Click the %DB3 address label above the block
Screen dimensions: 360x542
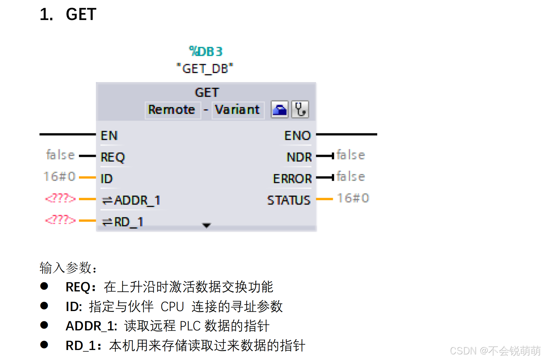point(206,51)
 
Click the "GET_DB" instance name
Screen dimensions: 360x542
point(205,69)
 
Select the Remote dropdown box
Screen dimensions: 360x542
point(172,110)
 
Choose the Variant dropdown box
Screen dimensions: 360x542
point(237,110)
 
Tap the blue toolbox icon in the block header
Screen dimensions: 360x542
point(279,109)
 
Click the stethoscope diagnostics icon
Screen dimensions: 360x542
point(300,109)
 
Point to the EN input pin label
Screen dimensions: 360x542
point(109,136)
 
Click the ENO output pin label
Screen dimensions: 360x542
point(297,136)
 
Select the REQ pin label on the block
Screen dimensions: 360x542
point(113,157)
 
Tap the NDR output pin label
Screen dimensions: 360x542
point(299,157)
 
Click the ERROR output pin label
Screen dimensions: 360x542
point(292,179)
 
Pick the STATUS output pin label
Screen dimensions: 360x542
point(288,200)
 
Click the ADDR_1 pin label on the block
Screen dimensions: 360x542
point(131,200)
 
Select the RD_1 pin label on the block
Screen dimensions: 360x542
point(123,222)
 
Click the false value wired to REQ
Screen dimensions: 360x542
point(60,155)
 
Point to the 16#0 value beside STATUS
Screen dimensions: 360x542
point(353,198)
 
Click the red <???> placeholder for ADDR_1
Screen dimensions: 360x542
point(60,198)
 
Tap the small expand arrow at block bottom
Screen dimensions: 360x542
point(206,225)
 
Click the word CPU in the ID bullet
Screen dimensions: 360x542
point(172,307)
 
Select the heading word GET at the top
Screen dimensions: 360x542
point(81,14)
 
